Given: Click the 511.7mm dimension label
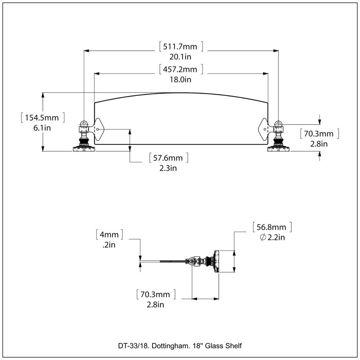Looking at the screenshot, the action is [x=180, y=47].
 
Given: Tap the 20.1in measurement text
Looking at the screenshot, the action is [x=180, y=57].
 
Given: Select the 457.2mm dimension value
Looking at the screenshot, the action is [x=180, y=69].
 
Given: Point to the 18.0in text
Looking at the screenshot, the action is [x=180, y=80].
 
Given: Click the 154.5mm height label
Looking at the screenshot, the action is [x=42, y=117].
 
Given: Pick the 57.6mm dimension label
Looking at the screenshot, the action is [x=168, y=158].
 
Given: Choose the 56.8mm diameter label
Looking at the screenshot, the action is [x=271, y=227].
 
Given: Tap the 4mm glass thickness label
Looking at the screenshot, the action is [x=109, y=234].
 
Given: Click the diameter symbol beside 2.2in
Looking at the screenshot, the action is [x=263, y=237].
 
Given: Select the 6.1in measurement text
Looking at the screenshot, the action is [x=42, y=128].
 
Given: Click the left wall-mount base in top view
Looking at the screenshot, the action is [x=84, y=149].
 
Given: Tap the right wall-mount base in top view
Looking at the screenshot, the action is [x=278, y=149].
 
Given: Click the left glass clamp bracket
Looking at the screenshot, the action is [x=99, y=130].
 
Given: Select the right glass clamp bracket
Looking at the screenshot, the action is [x=264, y=130].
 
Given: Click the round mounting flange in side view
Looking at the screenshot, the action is [x=216, y=261].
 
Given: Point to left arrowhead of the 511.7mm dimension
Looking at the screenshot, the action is [x=86, y=51].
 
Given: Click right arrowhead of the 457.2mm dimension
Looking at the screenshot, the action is [x=265, y=74].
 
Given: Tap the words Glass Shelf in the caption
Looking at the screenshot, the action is [x=223, y=346].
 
